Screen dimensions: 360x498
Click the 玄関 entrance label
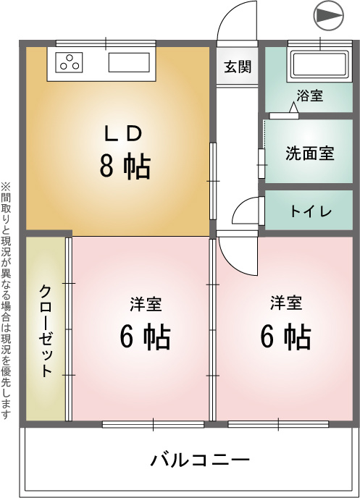238,67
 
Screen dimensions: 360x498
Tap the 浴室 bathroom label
310,96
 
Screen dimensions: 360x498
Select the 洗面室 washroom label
310,153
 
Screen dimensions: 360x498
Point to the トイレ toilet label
311,211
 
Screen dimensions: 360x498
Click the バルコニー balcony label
200,460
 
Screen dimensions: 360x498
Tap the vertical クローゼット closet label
46,331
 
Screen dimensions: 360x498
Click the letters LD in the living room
123,134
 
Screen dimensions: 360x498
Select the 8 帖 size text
125,166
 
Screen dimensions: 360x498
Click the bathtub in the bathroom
319,65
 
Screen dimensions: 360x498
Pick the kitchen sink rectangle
129,62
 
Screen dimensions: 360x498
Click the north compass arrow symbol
329,16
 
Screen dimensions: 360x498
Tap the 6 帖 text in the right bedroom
285,337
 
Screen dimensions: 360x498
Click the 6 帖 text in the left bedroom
145,337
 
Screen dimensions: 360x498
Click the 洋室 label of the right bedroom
286,303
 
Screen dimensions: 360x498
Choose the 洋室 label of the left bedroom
146,304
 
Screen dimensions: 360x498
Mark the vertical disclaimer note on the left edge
5,300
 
